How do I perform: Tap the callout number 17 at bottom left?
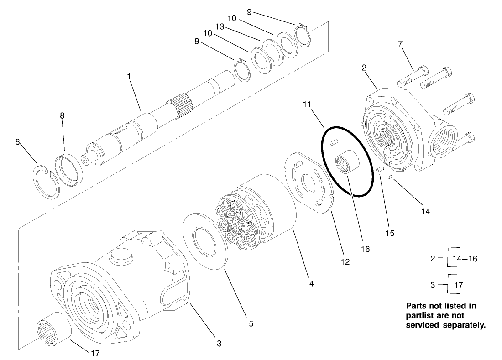point(94,353)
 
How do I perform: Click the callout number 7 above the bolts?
point(400,44)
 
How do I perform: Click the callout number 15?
point(389,233)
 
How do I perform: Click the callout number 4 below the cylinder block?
point(311,283)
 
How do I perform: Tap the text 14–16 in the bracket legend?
point(464,258)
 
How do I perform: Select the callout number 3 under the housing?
point(219,343)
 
